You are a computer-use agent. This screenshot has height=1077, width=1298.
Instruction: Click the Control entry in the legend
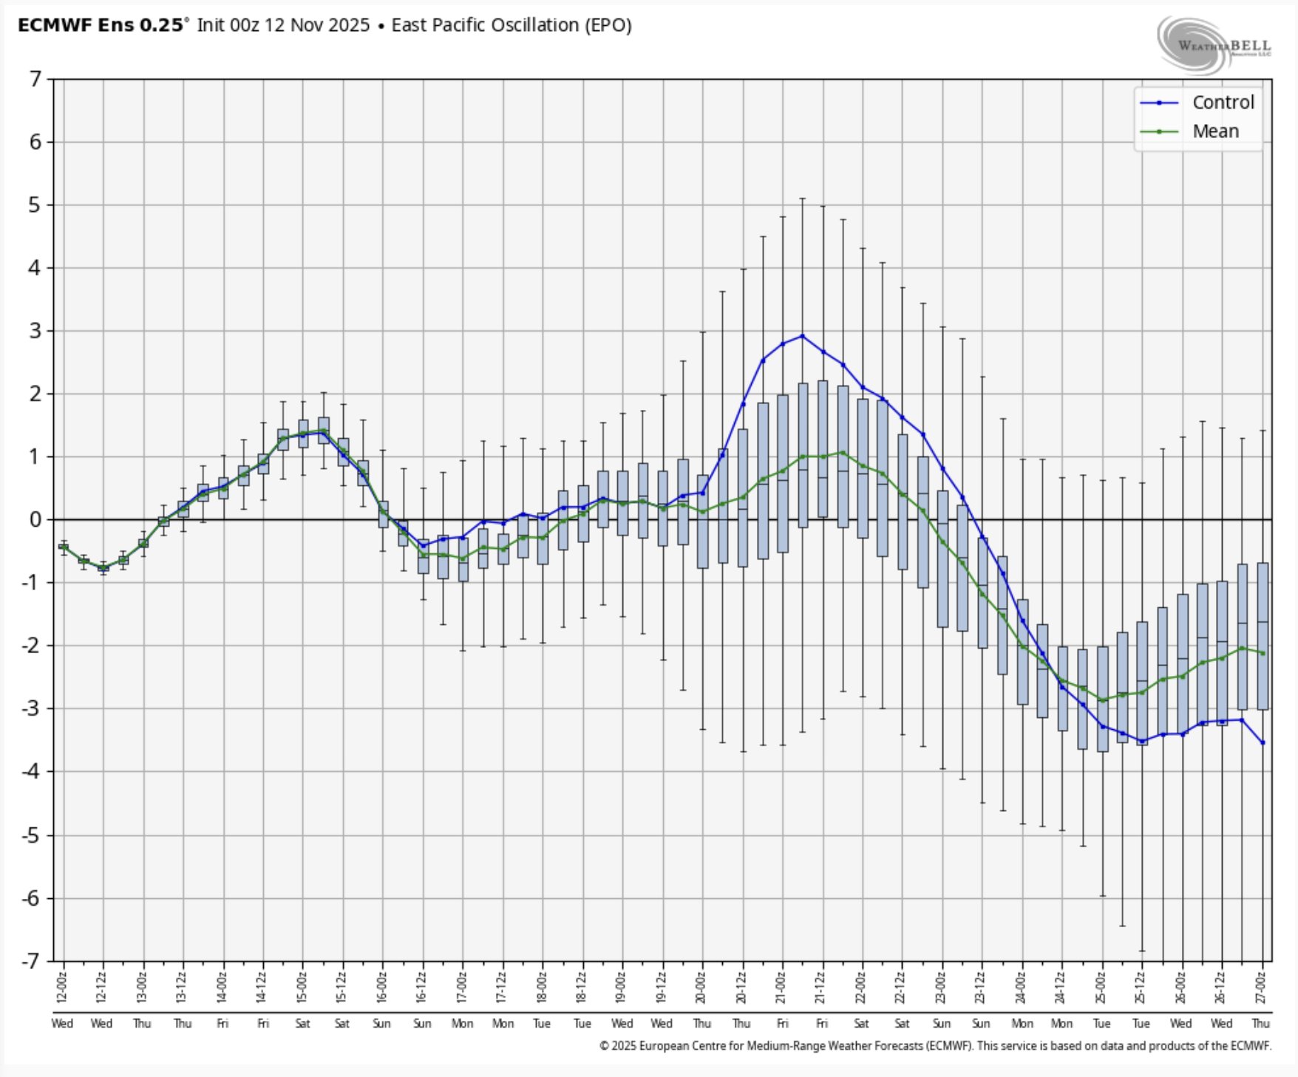pyautogui.click(x=1223, y=103)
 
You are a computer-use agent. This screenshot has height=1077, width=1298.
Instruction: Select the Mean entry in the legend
pyautogui.click(x=1215, y=131)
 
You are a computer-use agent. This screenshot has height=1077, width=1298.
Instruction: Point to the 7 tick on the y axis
pyautogui.click(x=35, y=78)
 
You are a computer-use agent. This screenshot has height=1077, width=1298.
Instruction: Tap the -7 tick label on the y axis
pyautogui.click(x=31, y=961)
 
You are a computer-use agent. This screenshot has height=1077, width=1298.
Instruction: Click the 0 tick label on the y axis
pyautogui.click(x=35, y=520)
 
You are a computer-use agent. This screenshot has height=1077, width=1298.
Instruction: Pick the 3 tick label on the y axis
pyautogui.click(x=35, y=331)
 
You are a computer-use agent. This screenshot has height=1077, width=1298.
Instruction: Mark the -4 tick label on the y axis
pyautogui.click(x=31, y=772)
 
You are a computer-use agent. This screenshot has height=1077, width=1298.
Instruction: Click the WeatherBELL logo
pyautogui.click(x=1213, y=46)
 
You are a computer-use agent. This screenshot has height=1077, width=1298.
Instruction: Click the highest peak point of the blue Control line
pyautogui.click(x=803, y=336)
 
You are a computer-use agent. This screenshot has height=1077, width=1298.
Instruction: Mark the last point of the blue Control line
pyautogui.click(x=1263, y=742)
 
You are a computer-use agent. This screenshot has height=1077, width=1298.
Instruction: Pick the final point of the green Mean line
pyautogui.click(x=1263, y=653)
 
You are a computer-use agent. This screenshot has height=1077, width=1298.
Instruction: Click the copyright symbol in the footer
pyautogui.click(x=604, y=1046)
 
